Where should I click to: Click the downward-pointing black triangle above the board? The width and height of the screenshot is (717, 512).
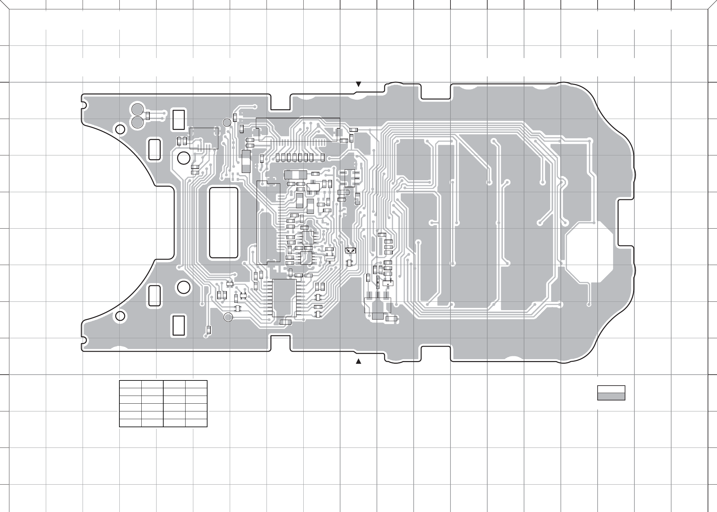(x=358, y=84)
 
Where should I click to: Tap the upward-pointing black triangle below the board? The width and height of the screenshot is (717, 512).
(x=358, y=361)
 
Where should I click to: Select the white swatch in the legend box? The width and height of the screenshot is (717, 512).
(x=611, y=389)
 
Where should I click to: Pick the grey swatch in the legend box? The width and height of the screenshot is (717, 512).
(x=611, y=397)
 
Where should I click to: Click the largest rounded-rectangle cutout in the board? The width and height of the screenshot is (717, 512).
(x=224, y=222)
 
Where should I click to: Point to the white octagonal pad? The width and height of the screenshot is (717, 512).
(x=589, y=251)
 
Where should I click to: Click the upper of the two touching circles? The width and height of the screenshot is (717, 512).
(x=137, y=109)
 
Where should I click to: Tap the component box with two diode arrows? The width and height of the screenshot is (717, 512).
(x=350, y=250)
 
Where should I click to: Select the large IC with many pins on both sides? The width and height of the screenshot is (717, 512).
(x=284, y=298)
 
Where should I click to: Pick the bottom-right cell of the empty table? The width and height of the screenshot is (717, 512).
(x=196, y=423)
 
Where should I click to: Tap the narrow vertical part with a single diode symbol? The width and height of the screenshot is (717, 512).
(x=378, y=282)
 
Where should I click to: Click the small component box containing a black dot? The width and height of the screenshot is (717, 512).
(x=388, y=283)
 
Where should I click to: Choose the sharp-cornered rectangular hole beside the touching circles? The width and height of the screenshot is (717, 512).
(x=179, y=120)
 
